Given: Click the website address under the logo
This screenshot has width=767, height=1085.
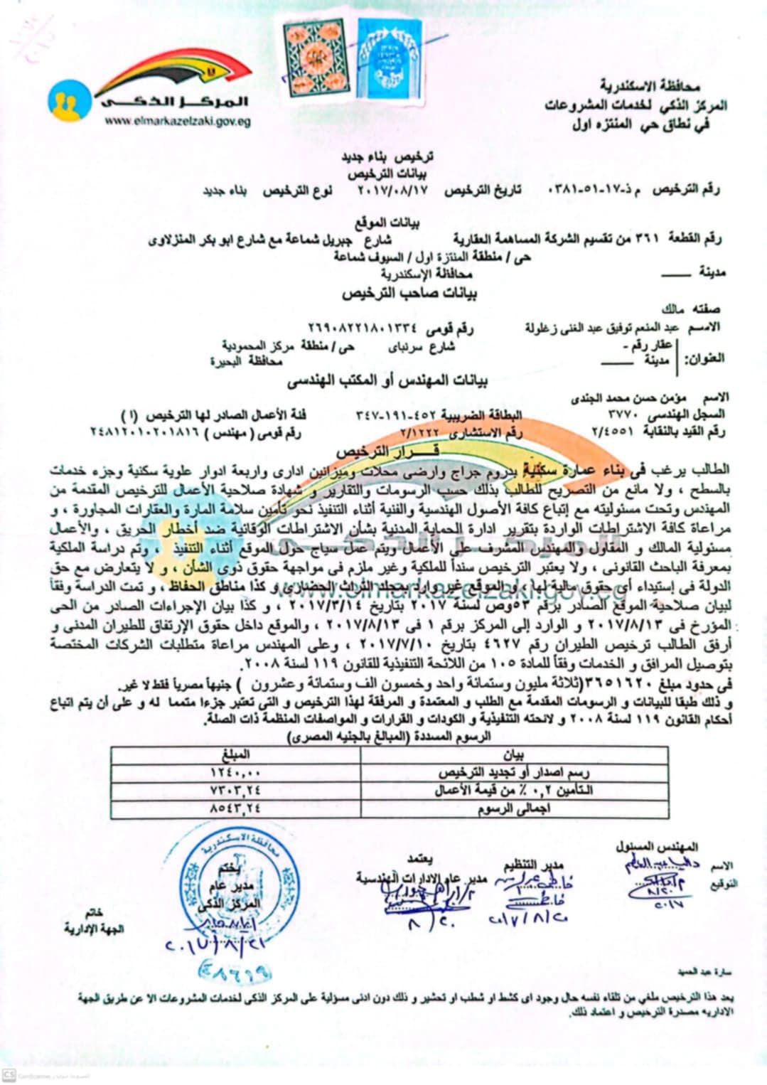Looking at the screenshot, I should click(x=177, y=122).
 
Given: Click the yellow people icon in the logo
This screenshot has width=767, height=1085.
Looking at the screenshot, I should click(x=70, y=100).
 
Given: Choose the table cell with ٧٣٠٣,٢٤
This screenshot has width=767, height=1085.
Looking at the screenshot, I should click(x=236, y=790).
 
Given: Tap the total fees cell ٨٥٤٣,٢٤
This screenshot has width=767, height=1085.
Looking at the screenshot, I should click(x=236, y=807).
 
